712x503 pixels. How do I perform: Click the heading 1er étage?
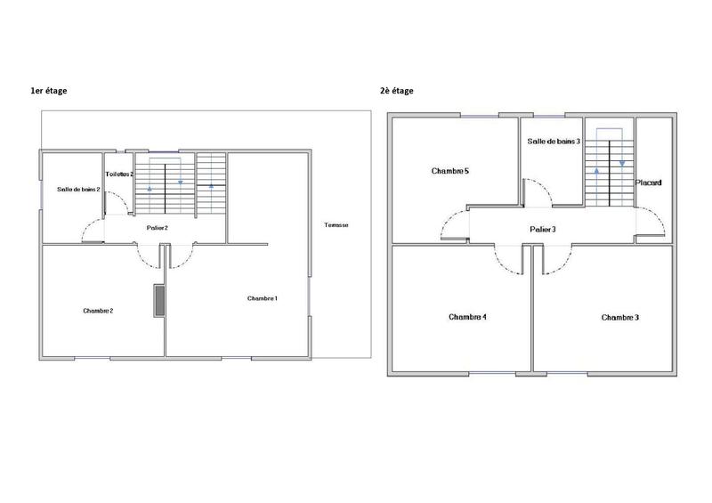click(49, 91)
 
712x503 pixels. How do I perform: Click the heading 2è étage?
click(396, 91)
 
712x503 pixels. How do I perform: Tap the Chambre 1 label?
click(263, 297)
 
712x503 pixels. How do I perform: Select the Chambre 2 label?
click(97, 311)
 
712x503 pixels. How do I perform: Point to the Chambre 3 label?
click(620, 317)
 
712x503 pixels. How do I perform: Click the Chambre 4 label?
click(467, 317)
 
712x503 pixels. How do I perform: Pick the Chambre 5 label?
click(449, 170)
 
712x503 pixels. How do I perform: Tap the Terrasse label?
click(336, 225)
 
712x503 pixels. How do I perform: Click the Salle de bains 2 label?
click(78, 190)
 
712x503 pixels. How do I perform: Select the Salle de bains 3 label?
click(554, 142)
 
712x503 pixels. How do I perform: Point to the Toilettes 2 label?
click(119, 174)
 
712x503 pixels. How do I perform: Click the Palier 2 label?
click(158, 228)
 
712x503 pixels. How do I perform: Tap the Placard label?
click(648, 183)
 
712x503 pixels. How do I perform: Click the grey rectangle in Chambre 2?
click(159, 300)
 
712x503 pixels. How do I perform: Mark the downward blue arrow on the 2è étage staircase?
click(622, 164)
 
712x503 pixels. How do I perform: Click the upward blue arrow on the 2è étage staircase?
click(596, 167)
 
